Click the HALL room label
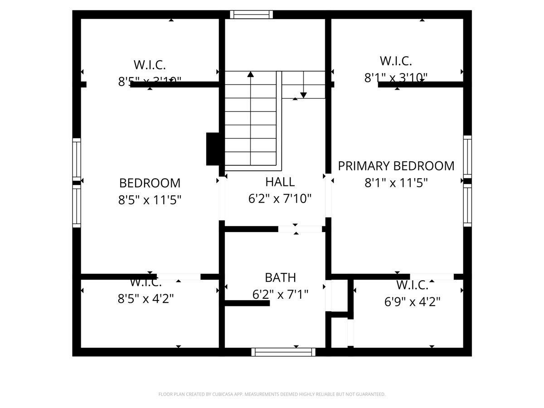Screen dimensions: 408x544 (280, 182)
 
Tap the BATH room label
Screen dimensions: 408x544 (280, 277)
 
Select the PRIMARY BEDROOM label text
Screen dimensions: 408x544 (396, 166)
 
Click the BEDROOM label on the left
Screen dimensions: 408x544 (150, 183)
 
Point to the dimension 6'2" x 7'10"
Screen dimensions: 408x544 (280, 198)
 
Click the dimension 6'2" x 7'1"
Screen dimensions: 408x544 (280, 295)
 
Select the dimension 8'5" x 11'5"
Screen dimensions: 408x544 (150, 200)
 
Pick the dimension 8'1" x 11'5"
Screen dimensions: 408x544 (396, 183)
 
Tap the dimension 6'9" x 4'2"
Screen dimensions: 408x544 (412, 301)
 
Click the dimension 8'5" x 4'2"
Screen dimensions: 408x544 (146, 298)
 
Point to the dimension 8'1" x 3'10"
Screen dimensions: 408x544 (396, 78)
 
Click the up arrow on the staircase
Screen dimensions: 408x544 (250, 74)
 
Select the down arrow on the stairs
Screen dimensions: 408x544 (303, 94)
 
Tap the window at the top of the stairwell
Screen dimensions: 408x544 (251, 15)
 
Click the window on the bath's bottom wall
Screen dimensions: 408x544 (283, 352)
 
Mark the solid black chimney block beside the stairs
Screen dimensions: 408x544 (213, 149)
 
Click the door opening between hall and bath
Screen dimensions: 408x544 (300, 229)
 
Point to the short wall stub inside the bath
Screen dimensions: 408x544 (247, 303)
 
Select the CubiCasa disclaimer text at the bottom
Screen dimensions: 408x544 (272, 394)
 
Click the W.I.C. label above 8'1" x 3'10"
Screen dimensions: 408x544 (396, 61)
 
